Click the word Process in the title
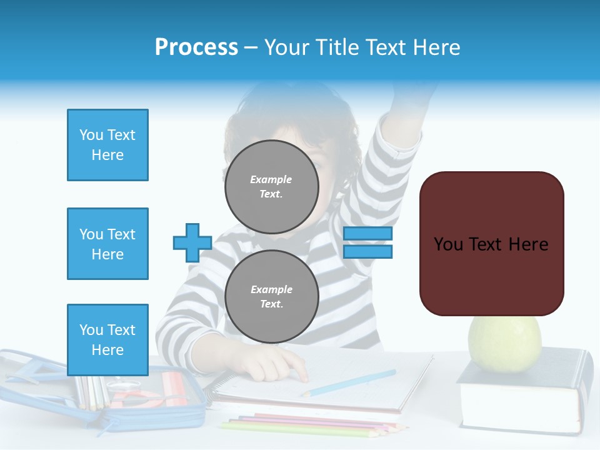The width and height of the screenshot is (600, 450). click(196, 47)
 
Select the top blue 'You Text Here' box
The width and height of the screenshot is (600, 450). click(107, 145)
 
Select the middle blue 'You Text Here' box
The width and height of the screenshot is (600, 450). click(107, 244)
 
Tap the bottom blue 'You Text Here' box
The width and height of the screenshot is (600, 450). click(107, 340)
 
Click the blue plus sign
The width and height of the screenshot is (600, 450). click(192, 242)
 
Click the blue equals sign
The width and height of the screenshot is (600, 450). click(367, 242)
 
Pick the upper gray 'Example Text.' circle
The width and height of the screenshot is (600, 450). click(271, 186)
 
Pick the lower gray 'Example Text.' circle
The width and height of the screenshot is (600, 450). click(271, 297)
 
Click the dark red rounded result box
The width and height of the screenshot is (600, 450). click(491, 244)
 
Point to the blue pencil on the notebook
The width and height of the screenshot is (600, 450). click(350, 382)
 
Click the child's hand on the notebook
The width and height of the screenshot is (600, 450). click(281, 362)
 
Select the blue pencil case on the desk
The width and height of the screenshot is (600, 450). click(125, 400)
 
